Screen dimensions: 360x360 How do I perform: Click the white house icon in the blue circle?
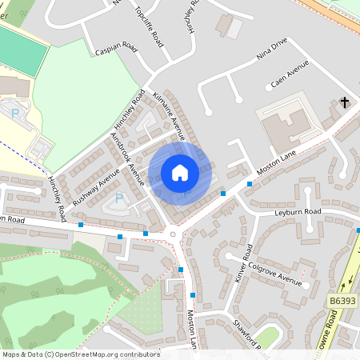pos(179,173)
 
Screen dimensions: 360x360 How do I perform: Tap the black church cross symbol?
pos(345,102)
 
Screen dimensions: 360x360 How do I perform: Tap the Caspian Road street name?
pos(116,50)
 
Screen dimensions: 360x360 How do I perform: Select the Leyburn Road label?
pos(298,212)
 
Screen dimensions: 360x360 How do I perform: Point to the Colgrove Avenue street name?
pos(274,271)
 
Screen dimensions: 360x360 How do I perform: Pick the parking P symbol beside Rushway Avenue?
pos(119,198)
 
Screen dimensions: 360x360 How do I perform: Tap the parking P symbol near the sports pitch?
pos(15,114)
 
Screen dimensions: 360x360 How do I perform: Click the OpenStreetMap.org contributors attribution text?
pos(104,354)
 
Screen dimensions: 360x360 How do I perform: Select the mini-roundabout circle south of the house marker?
pos(173,234)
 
